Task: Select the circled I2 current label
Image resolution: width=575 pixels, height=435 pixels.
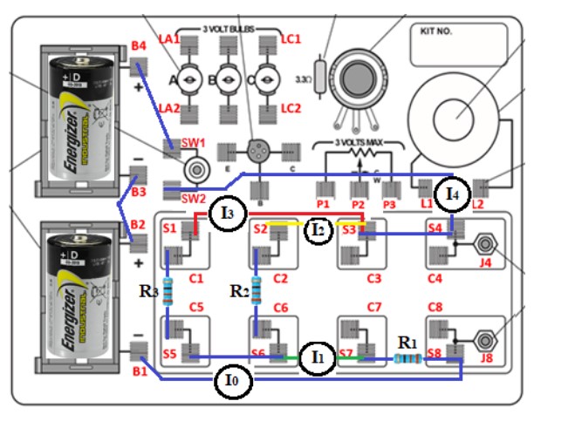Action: (319, 229)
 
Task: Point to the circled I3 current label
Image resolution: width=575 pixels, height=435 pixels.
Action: (227, 211)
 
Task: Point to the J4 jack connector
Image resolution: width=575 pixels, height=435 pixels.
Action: (486, 244)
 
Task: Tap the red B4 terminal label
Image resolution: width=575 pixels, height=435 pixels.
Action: (139, 45)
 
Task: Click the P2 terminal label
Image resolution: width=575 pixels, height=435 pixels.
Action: (358, 205)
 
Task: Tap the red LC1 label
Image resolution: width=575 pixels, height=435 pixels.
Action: (290, 39)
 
